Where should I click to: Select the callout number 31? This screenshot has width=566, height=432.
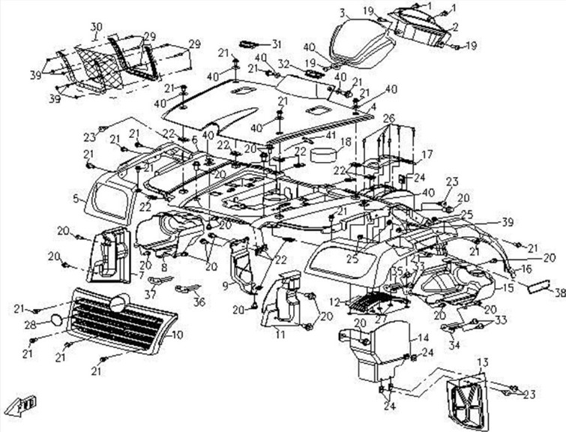(x=276, y=43)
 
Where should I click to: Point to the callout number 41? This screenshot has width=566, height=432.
(x=331, y=135)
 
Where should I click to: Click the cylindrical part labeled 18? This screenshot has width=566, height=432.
(x=325, y=155)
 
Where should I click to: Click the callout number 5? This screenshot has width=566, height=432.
(x=75, y=199)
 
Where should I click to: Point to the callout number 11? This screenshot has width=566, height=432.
(x=280, y=330)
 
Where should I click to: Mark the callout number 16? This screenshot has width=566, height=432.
(x=527, y=267)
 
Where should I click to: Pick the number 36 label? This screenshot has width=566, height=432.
(x=199, y=303)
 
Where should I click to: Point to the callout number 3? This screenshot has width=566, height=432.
(x=342, y=13)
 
